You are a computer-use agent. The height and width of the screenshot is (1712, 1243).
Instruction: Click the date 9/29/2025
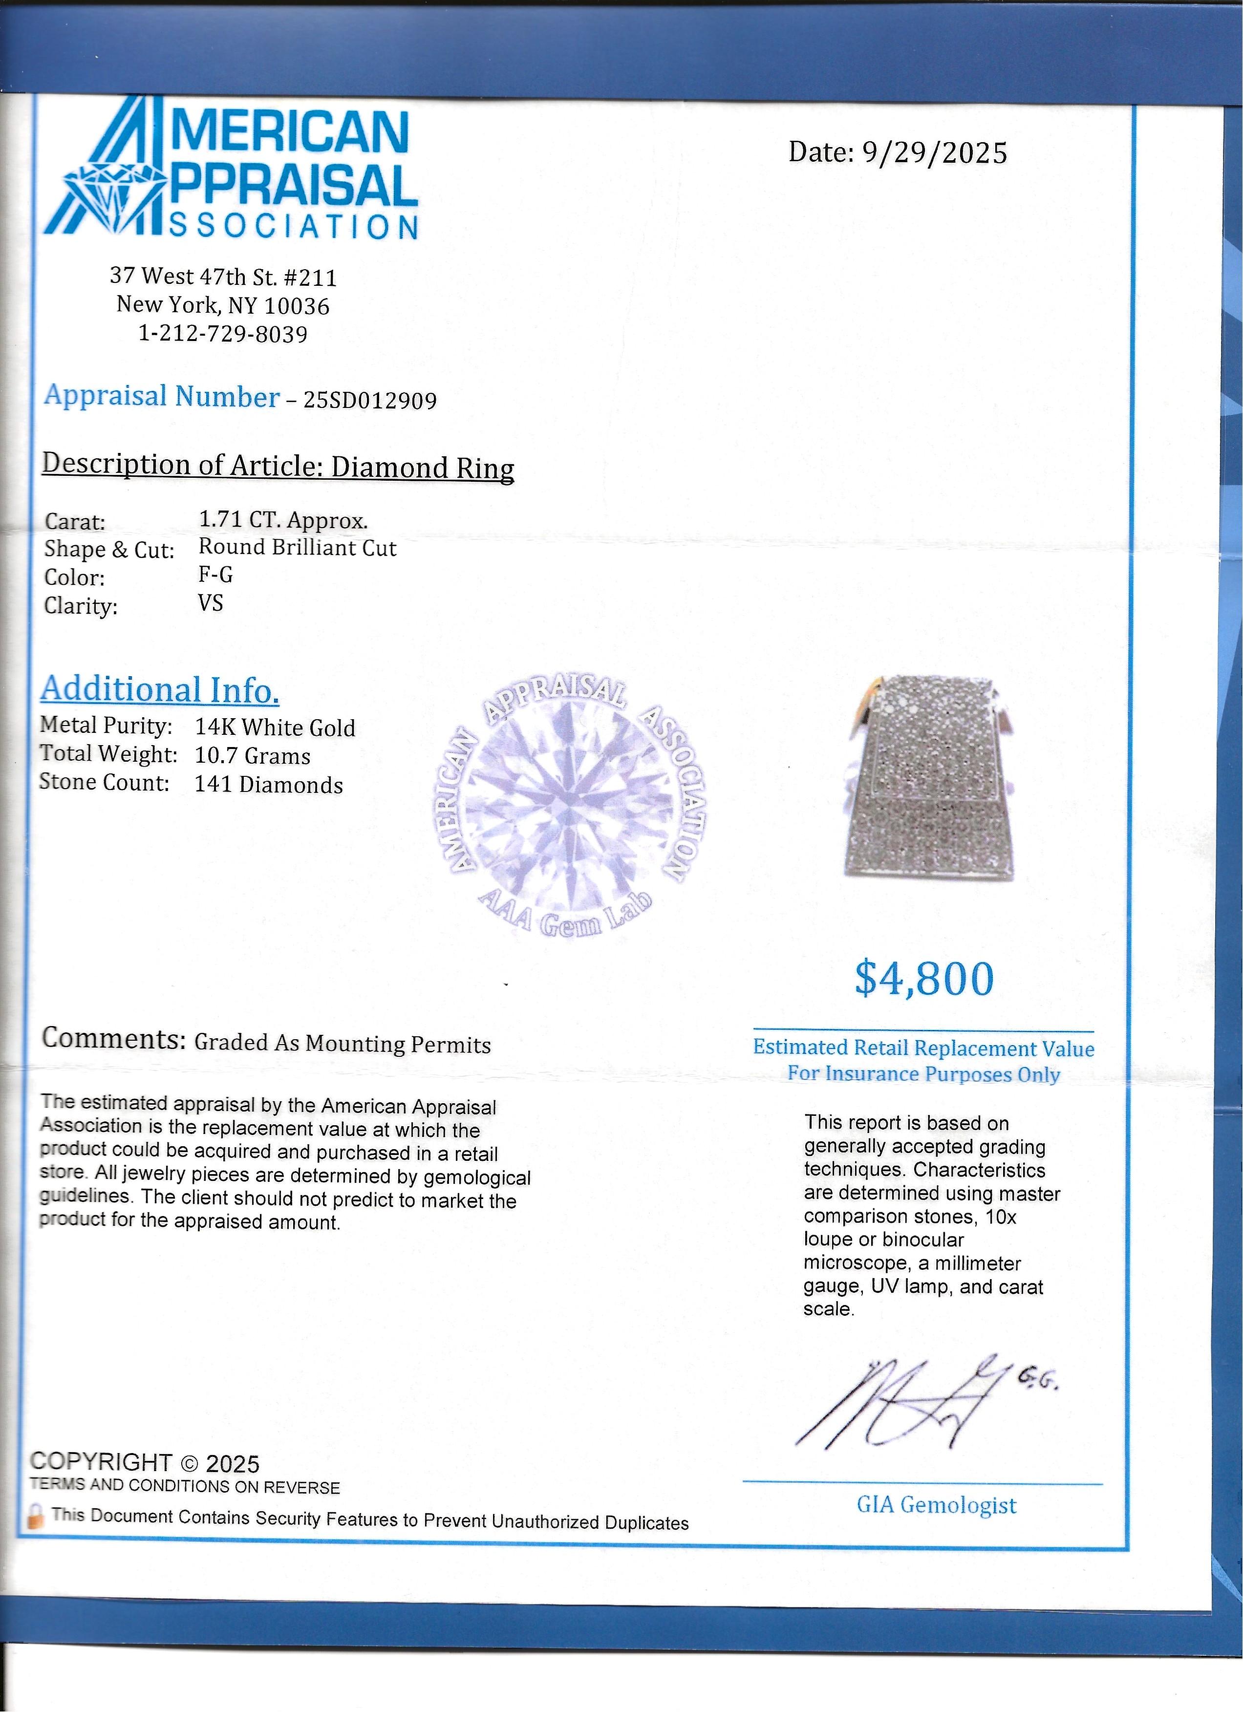934,153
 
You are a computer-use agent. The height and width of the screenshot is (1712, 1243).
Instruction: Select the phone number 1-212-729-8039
223,334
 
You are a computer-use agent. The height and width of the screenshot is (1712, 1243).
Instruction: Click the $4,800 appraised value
924,979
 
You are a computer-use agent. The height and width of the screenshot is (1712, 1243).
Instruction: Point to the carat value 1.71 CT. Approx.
283,520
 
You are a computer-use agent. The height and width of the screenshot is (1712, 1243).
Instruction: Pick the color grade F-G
216,575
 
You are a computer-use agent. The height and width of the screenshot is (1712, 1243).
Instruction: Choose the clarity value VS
211,603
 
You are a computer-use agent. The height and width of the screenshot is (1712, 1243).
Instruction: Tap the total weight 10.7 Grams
253,756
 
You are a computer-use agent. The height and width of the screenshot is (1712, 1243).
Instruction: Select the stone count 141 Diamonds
269,785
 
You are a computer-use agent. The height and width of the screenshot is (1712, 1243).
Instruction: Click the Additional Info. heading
160,689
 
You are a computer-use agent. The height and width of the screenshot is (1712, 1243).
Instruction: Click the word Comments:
114,1039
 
